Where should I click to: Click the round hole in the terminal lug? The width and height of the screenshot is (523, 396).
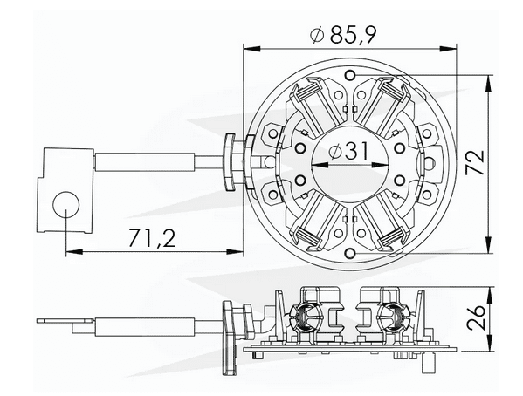tap(66, 205)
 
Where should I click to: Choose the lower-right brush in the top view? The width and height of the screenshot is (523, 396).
tap(387, 218)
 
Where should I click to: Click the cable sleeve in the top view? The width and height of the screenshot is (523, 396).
tap(144, 161)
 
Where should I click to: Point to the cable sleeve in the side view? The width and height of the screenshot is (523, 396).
tap(144, 325)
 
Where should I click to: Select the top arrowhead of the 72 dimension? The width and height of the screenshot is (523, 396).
tap(486, 80)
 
